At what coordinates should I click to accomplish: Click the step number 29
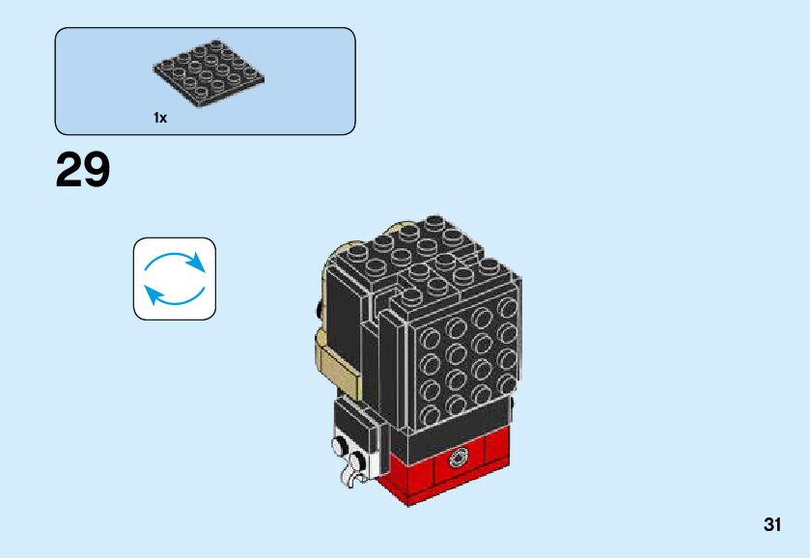click(83, 172)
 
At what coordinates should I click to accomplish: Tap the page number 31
click(771, 524)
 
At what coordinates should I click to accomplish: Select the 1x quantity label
click(160, 118)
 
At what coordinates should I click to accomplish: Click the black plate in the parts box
click(209, 73)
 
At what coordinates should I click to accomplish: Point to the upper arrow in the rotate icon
click(176, 261)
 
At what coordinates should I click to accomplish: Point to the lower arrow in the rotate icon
click(174, 293)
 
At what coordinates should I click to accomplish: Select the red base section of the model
click(454, 469)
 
